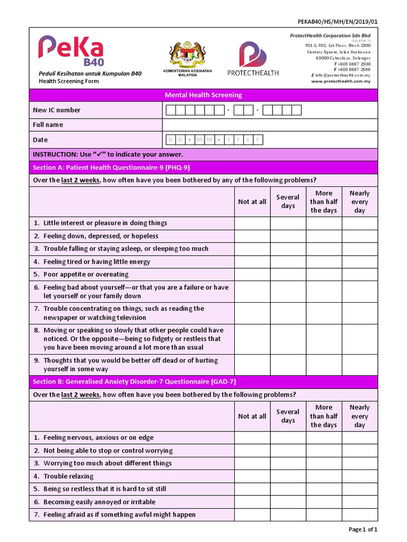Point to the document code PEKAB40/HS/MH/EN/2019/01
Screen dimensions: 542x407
point(339,21)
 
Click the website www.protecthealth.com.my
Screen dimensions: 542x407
point(340,82)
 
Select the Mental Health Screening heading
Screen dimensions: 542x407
point(203,95)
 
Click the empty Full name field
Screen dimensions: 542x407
point(270,125)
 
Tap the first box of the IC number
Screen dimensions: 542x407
point(171,110)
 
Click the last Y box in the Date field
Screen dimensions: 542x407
point(258,140)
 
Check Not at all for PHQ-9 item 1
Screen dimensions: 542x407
point(252,223)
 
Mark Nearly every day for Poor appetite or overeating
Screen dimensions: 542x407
point(359,275)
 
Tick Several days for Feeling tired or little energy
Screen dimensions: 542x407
point(288,262)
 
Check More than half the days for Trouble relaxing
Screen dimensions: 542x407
point(323,476)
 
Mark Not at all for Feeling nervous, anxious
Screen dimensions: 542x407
point(252,438)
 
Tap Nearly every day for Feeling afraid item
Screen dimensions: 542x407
point(359,514)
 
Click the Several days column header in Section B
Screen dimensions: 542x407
point(288,416)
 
